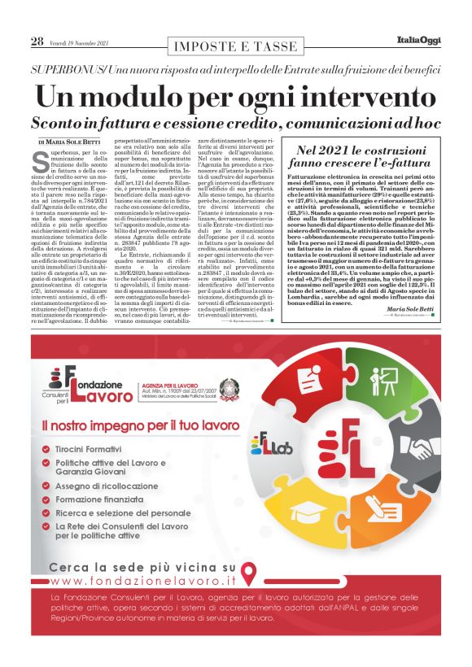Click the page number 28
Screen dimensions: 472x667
[x=37, y=41]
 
